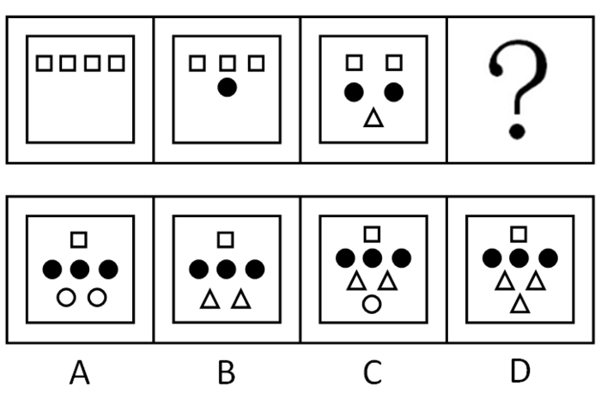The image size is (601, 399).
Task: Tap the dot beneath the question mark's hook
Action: pyautogui.click(x=517, y=130)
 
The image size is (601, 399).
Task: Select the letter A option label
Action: pyautogui.click(x=79, y=372)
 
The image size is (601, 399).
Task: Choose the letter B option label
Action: pyautogui.click(x=226, y=372)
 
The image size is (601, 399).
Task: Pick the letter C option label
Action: pyautogui.click(x=372, y=372)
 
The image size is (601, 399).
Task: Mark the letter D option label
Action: pyautogui.click(x=518, y=372)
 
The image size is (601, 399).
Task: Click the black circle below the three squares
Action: pyautogui.click(x=227, y=87)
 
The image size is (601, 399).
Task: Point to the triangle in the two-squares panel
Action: pyautogui.click(x=372, y=119)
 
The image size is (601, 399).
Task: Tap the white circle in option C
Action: pyautogui.click(x=372, y=302)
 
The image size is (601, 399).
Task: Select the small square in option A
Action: pyautogui.click(x=80, y=239)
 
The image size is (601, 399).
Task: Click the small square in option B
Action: pyautogui.click(x=226, y=239)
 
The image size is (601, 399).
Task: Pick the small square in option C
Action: pyautogui.click(x=372, y=233)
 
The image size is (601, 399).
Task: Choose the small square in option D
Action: pyautogui.click(x=518, y=233)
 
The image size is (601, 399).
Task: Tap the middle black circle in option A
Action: pyautogui.click(x=80, y=269)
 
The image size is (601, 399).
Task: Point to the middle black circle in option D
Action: pyautogui.click(x=518, y=257)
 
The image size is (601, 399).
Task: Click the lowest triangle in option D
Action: pyautogui.click(x=518, y=302)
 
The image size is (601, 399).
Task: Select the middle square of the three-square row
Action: pyautogui.click(x=227, y=63)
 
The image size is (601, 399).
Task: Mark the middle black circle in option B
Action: pyautogui.click(x=226, y=269)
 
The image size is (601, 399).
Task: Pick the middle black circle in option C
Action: pyautogui.click(x=372, y=257)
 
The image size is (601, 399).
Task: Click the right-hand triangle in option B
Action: pyautogui.click(x=241, y=299)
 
